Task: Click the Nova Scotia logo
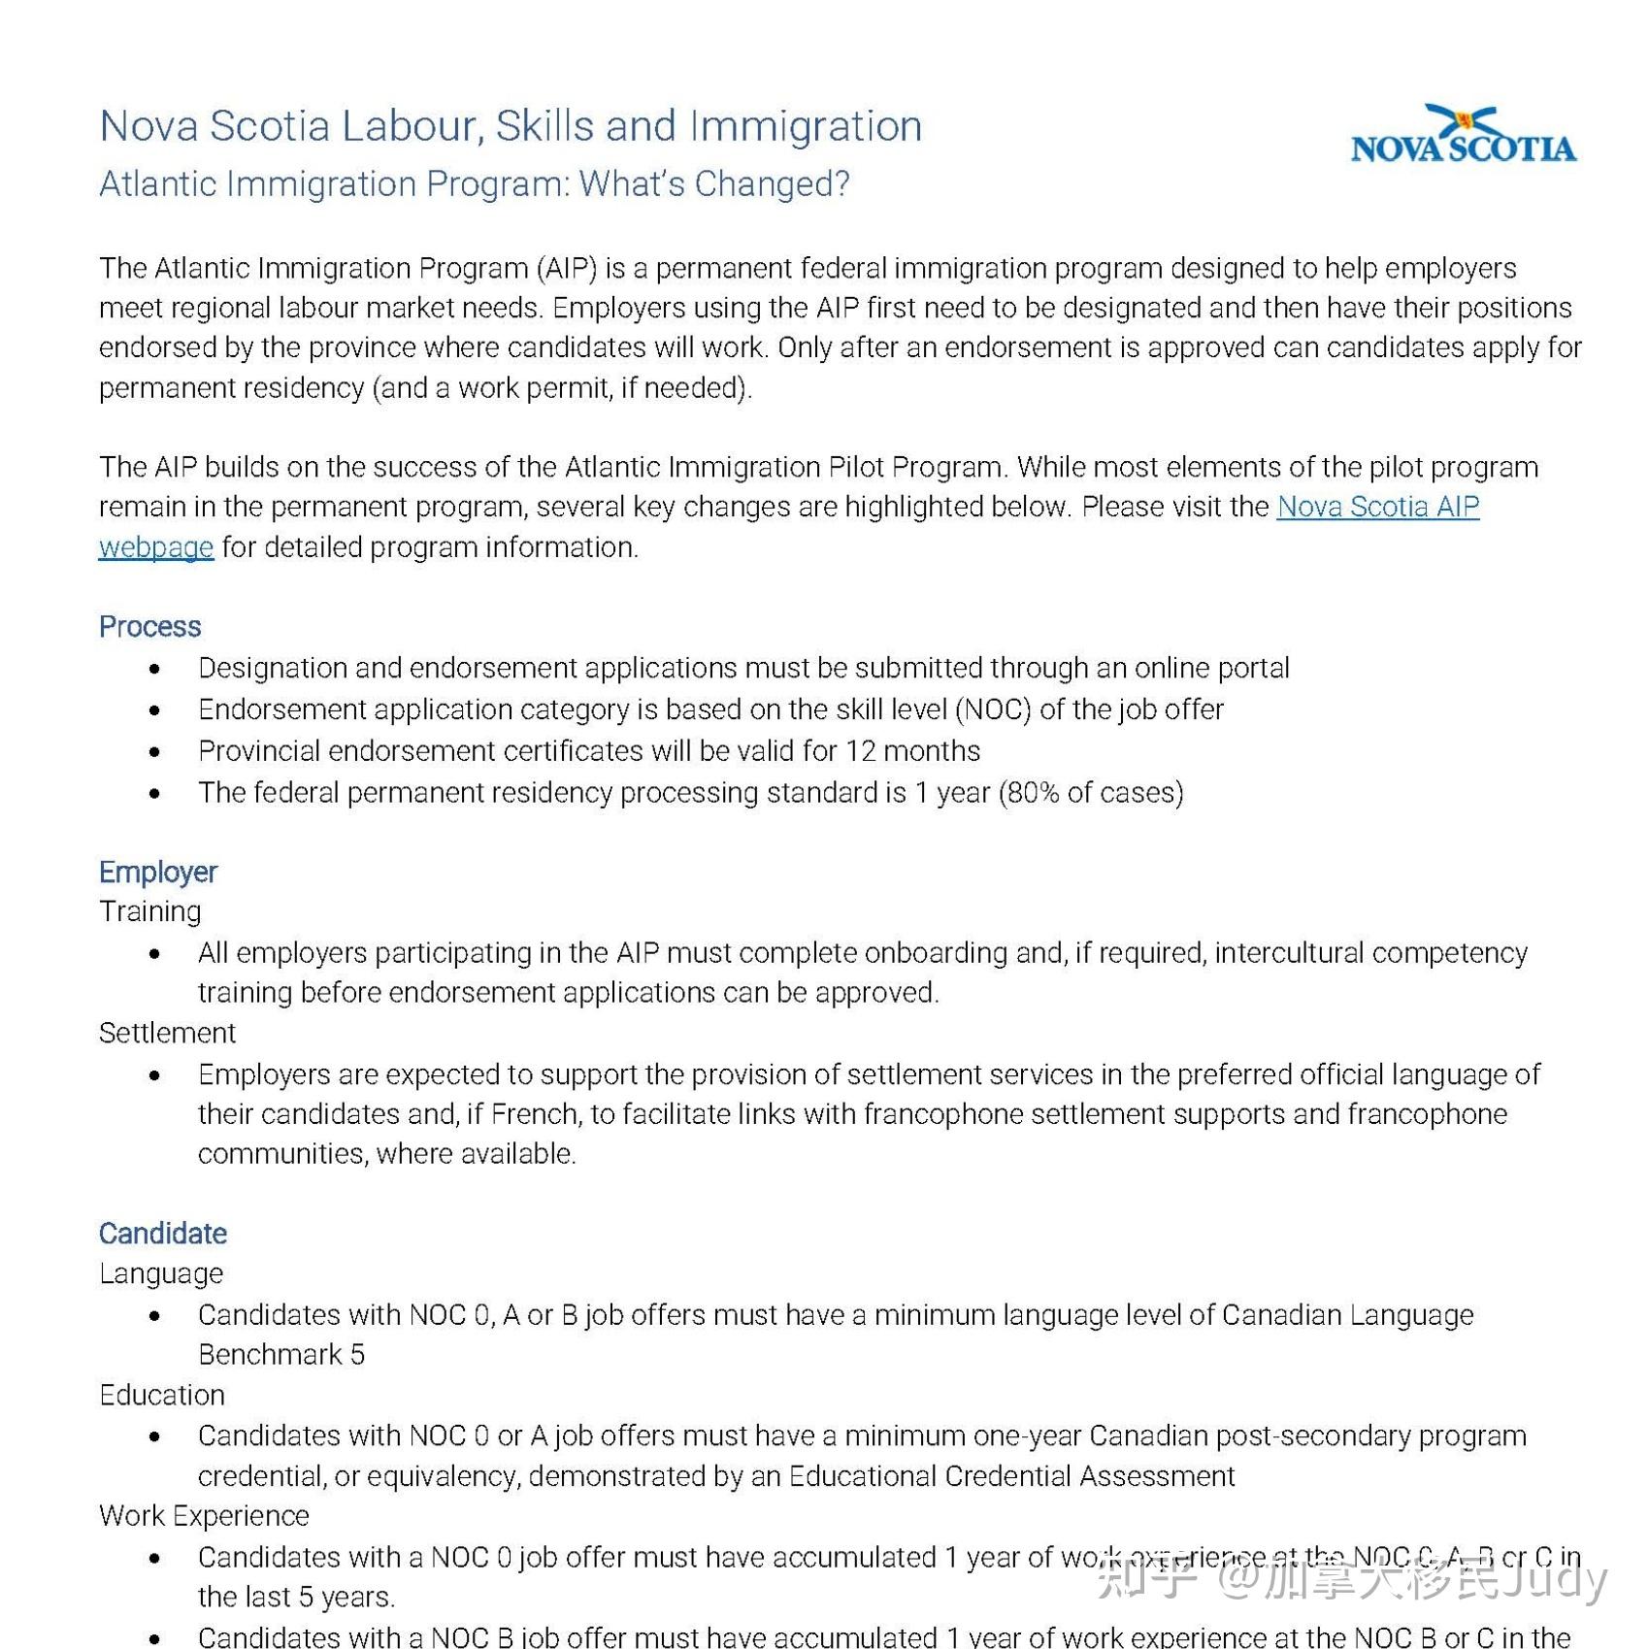pos(1463,136)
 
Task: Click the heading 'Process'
pos(149,627)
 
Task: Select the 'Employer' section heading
pos(158,872)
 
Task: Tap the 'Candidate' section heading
pos(163,1234)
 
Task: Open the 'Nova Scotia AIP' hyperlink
pos(1377,507)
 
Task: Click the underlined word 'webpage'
pos(156,547)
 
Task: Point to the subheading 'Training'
pos(150,911)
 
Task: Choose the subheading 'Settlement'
pos(167,1033)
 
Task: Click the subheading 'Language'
pos(161,1273)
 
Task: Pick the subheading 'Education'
pos(162,1395)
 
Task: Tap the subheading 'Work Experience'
pos(204,1515)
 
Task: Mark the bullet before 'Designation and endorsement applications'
pos(155,669)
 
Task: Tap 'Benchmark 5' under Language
pos(281,1354)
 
